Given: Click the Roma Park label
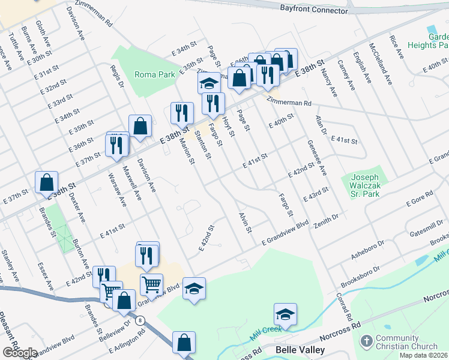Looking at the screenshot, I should tap(154, 74).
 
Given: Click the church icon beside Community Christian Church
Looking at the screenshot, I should tap(366, 341).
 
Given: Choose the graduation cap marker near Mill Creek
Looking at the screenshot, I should tap(286, 314).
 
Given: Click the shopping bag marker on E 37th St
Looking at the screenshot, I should tap(46, 182).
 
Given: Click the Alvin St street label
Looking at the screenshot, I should tap(244, 222).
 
